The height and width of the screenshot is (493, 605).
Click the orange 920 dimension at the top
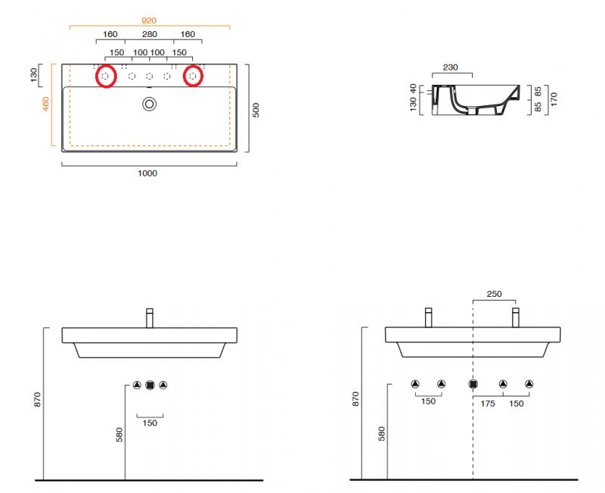(x=148, y=20)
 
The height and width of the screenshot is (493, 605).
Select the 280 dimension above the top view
(x=148, y=35)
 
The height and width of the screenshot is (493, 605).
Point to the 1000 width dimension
(x=147, y=173)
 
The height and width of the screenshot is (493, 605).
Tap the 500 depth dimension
(x=256, y=109)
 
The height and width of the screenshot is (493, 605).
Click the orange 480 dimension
(x=45, y=104)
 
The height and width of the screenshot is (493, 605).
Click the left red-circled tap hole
(x=105, y=76)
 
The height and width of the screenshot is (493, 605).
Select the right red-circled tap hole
(x=193, y=76)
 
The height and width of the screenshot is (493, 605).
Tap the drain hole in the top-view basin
(x=149, y=104)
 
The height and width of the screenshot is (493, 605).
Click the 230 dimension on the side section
(x=451, y=67)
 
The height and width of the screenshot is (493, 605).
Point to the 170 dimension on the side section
(x=554, y=100)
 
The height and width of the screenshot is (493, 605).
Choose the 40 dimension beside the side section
(x=413, y=89)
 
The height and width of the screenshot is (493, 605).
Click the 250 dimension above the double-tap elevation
(x=494, y=294)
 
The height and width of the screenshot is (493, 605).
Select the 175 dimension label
(x=488, y=403)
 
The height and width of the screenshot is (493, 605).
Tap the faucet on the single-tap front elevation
(x=150, y=317)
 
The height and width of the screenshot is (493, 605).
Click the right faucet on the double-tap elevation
(x=517, y=317)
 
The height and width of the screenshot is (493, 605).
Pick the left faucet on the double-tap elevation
(x=428, y=317)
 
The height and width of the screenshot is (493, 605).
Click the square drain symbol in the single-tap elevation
(x=150, y=385)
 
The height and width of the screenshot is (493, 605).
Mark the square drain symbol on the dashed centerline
(x=473, y=384)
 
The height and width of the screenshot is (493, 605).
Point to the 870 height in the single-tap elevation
(x=38, y=400)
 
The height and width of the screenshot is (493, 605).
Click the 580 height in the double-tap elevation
(x=382, y=433)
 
